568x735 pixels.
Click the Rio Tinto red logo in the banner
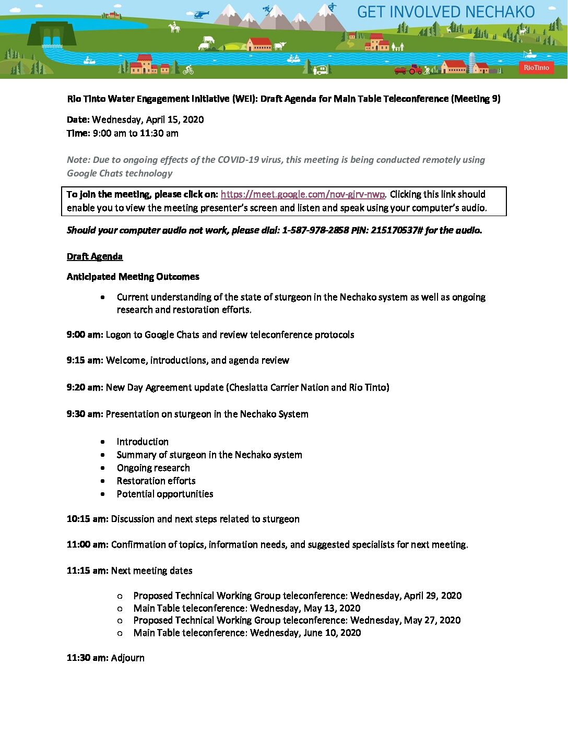[x=536, y=67]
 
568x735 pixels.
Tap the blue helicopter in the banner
[x=200, y=15]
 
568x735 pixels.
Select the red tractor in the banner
[x=416, y=69]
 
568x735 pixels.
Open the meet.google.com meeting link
[x=303, y=194]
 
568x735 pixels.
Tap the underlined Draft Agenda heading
[x=94, y=256]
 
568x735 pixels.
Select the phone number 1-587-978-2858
[x=315, y=230]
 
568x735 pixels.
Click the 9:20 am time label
[x=85, y=387]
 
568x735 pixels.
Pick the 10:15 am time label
[x=87, y=519]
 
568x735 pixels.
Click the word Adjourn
[x=127, y=658]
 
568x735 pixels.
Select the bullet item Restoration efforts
[x=156, y=481]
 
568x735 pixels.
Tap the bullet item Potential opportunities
[x=165, y=494]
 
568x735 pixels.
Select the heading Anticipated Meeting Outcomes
[x=133, y=277]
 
